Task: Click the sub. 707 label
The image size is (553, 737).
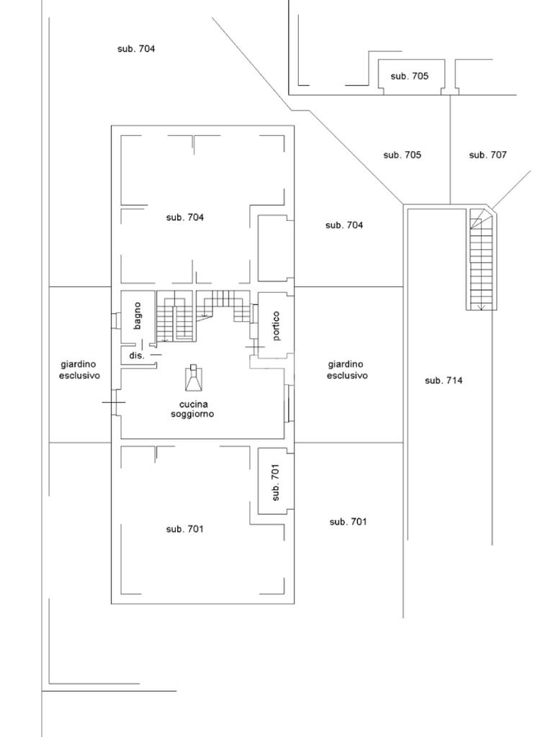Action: [x=487, y=155]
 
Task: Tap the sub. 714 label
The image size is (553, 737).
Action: [x=443, y=381]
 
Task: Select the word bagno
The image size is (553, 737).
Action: [x=138, y=315]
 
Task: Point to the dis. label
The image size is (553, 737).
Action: [x=137, y=356]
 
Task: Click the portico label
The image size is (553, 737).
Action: [x=276, y=325]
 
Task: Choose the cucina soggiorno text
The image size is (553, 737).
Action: [x=192, y=409]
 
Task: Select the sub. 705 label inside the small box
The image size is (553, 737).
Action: [x=409, y=76]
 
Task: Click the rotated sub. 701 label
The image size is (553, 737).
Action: [x=276, y=481]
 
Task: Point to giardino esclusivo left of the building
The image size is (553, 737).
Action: [x=79, y=370]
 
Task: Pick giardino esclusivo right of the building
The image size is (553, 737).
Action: [x=347, y=370]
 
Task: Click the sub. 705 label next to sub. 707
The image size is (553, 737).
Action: [x=402, y=155]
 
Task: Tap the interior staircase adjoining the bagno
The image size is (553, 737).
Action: [x=175, y=317]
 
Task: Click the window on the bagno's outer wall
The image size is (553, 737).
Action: [x=115, y=321]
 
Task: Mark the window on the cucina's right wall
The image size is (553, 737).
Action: [x=289, y=404]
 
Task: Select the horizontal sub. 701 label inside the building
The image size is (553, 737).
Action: [x=184, y=529]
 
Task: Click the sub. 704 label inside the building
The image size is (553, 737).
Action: [x=184, y=217]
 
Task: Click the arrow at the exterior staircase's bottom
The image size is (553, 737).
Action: [x=480, y=307]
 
